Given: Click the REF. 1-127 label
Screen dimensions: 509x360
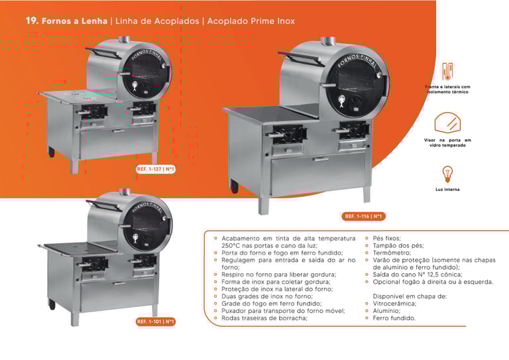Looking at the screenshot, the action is (156, 169).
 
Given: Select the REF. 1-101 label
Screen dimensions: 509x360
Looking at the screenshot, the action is (156, 322).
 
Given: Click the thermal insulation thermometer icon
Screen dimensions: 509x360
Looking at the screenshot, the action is (448, 72).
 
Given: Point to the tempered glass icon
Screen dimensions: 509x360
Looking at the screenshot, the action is (447, 124).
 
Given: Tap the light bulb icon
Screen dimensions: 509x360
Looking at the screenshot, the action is (447, 174).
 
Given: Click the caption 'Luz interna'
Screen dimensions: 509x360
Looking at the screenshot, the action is (447, 190).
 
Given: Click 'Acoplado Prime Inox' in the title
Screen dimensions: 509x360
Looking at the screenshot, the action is (251, 21).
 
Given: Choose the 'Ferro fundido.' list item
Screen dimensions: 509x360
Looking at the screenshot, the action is (394, 318).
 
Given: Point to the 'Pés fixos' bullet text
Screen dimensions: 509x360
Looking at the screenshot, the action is (387, 238).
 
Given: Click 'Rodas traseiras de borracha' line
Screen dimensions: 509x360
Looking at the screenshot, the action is (264, 318).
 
